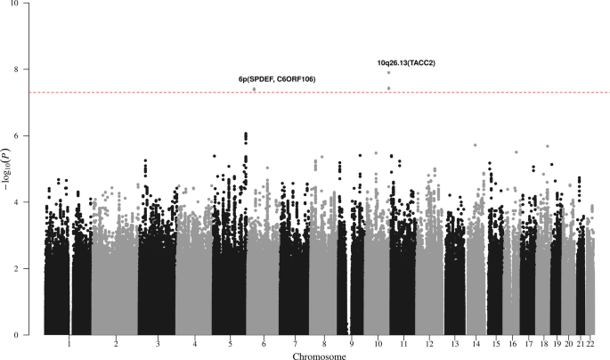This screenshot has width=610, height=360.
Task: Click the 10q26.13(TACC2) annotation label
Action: click(411, 63)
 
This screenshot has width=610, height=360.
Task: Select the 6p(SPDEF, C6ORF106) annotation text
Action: click(277, 79)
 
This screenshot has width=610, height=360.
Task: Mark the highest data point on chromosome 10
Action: click(389, 73)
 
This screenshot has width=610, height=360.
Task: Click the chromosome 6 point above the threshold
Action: click(255, 89)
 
